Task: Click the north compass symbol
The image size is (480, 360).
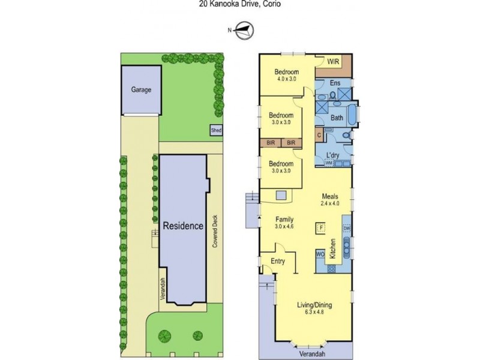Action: [x=245, y=31]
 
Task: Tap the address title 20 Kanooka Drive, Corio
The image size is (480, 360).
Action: [x=239, y=4]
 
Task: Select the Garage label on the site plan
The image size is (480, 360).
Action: [x=141, y=89]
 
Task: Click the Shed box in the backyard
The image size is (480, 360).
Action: [x=216, y=130]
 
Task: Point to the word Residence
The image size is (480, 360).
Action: [x=183, y=226]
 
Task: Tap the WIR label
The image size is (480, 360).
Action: [x=334, y=62]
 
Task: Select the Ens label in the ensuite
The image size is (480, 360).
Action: [x=335, y=83]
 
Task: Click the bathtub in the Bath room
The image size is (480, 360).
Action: [x=353, y=115]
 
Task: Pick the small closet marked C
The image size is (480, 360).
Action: [x=319, y=135]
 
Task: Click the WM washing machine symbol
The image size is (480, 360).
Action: [x=329, y=163]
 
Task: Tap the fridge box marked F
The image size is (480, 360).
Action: [x=321, y=228]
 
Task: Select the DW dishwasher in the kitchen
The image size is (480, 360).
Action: [x=347, y=229]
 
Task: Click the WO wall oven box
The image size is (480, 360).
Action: [x=320, y=254]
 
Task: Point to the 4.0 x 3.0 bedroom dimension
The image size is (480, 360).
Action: [x=287, y=79]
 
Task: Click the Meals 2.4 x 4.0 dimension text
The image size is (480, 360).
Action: [x=330, y=203]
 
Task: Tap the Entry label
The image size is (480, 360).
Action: [x=278, y=261]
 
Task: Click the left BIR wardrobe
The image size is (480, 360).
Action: [x=271, y=143]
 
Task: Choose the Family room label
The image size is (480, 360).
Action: [x=284, y=220]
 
